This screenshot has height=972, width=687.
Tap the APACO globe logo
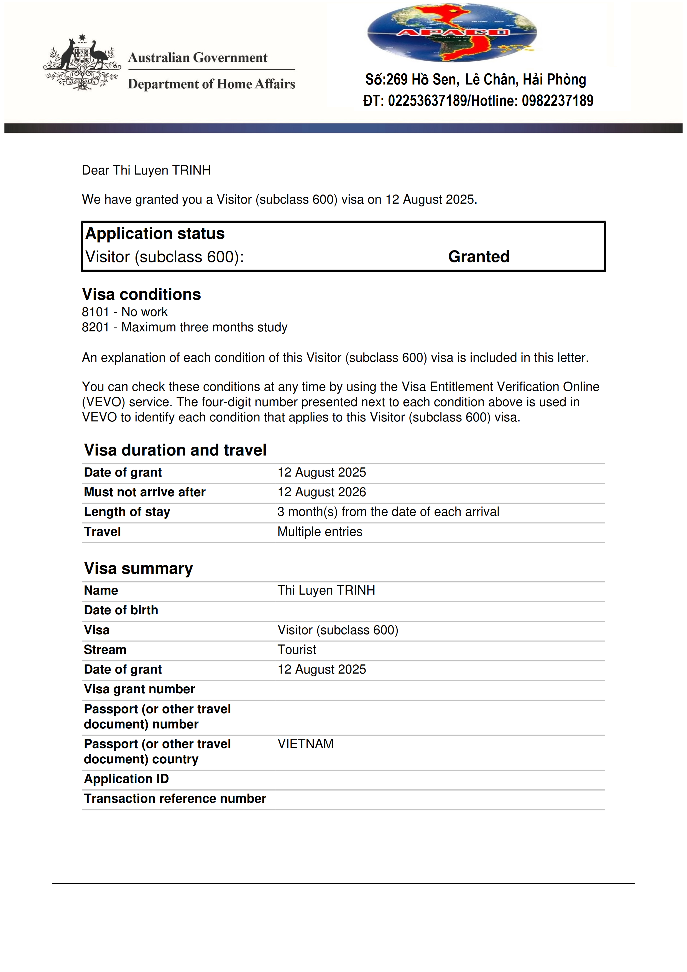(452, 33)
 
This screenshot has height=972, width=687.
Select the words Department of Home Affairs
(211, 84)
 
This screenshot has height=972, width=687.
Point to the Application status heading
(155, 234)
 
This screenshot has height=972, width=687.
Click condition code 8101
(95, 312)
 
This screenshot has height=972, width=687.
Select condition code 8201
(95, 327)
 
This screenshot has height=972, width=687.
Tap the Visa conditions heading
(141, 294)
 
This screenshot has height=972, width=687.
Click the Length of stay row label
(127, 512)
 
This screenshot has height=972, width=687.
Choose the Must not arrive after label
(144, 492)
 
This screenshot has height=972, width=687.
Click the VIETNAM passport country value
(305, 744)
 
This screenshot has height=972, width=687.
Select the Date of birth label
(121, 610)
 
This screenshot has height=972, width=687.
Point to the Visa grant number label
(139, 689)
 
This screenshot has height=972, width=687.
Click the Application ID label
(126, 779)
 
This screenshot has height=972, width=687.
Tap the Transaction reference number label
(175, 799)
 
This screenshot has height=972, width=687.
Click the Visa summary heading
(138, 568)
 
